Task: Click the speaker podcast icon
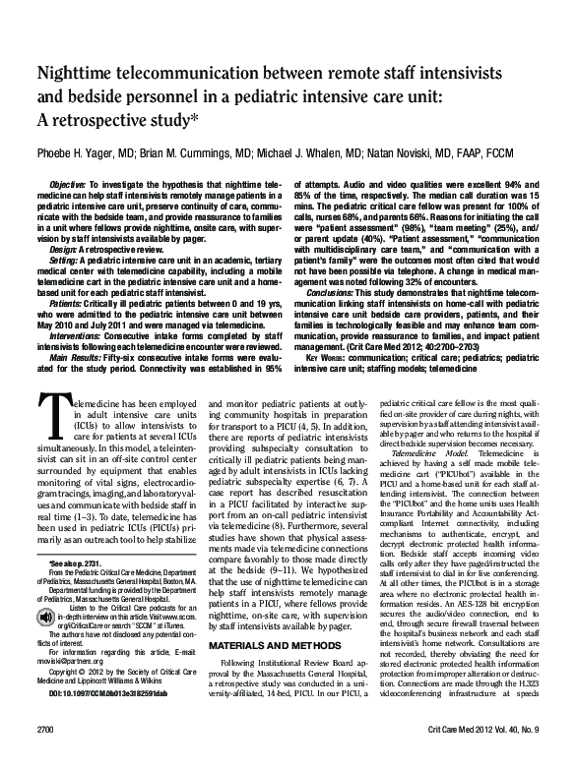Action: [48, 639]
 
